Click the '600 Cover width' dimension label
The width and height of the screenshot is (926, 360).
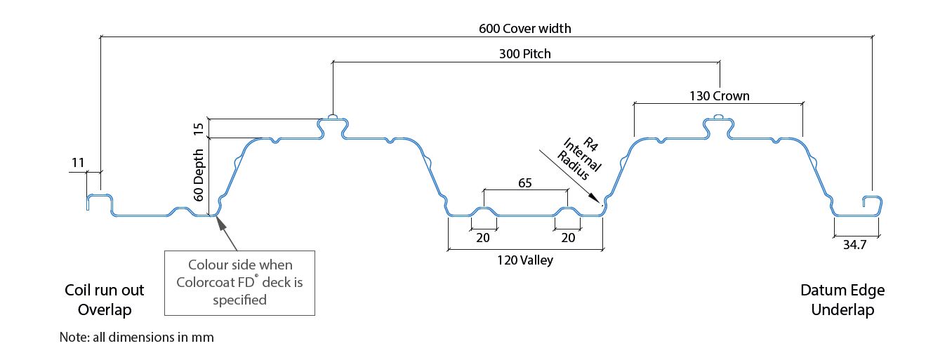click(x=524, y=29)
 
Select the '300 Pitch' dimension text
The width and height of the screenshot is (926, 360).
click(x=524, y=54)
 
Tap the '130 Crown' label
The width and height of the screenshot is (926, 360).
click(x=720, y=96)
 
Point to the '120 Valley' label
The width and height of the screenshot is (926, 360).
click(x=524, y=260)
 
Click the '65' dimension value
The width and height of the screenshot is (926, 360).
click(x=525, y=182)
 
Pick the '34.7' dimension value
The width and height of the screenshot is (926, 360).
click(x=854, y=245)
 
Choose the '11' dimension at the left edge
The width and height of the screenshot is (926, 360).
click(x=78, y=162)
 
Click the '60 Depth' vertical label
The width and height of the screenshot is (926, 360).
click(x=199, y=175)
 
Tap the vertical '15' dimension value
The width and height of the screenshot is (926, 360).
click(x=199, y=129)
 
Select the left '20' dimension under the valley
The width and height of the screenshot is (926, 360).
click(x=482, y=238)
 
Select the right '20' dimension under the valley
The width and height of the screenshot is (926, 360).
click(x=568, y=238)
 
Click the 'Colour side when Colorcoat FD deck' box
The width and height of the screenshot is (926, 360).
click(x=239, y=283)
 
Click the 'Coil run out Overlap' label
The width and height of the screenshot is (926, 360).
click(x=104, y=300)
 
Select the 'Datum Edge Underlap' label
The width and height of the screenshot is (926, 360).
click(x=842, y=300)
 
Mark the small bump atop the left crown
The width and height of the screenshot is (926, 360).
click(x=332, y=117)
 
